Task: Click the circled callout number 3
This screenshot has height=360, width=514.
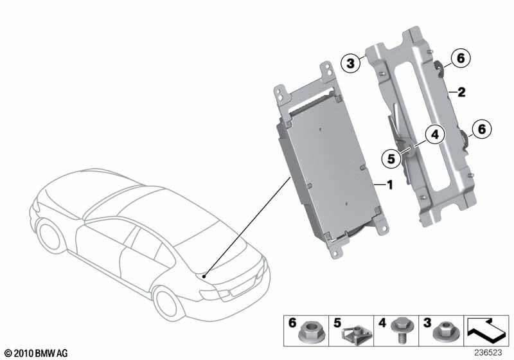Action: [350, 63]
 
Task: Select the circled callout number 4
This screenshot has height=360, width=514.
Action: [435, 135]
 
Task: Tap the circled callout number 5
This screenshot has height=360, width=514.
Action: [391, 159]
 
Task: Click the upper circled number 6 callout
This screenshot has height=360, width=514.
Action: [461, 59]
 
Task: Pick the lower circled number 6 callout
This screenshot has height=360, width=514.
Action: [481, 129]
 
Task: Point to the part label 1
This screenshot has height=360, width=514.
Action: [390, 185]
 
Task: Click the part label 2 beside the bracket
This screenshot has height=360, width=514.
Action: [461, 92]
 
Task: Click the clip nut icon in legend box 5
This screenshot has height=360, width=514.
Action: [357, 335]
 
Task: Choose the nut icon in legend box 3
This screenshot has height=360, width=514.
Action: [445, 332]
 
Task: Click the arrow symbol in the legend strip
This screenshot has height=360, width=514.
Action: [486, 329]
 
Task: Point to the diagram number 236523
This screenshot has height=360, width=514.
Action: [488, 353]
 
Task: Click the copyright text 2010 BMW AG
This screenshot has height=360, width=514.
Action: [37, 353]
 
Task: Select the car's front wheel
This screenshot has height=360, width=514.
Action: [50, 235]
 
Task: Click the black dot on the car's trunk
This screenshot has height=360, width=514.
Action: [204, 276]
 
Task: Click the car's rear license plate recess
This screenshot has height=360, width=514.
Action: [241, 287]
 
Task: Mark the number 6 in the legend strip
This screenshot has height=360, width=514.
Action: [292, 323]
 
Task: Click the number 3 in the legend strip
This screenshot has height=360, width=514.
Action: [427, 323]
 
